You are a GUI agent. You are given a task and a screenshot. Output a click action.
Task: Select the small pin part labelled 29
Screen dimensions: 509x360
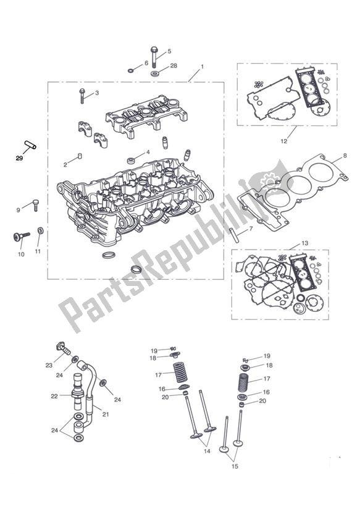pyautogui.click(x=30, y=146)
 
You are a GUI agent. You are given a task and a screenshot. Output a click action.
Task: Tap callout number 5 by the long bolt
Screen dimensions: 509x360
pyautogui.click(x=169, y=51)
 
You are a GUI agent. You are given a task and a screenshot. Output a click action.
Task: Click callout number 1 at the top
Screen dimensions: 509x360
pyautogui.click(x=202, y=66)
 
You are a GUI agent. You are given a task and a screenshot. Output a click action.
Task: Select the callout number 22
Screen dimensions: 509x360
pyautogui.click(x=54, y=396)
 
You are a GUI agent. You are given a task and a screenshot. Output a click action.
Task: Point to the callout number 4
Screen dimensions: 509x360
pyautogui.click(x=148, y=152)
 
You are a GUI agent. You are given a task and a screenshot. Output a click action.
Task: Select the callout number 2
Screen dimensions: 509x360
pyautogui.click(x=65, y=164)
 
